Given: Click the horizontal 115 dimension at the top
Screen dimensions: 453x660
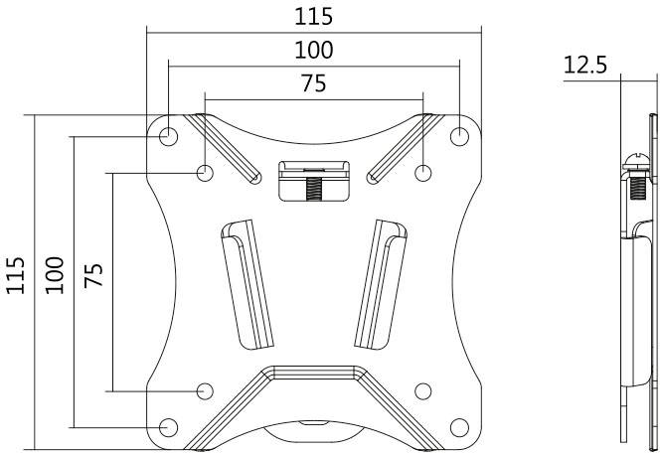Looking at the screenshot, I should (313, 17).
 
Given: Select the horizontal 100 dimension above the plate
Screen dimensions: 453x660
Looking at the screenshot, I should (313, 50).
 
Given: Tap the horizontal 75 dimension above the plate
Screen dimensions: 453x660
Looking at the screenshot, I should (313, 84).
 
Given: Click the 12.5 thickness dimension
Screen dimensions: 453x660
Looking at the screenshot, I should (586, 66).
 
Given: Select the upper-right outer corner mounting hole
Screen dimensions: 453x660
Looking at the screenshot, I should (459, 134).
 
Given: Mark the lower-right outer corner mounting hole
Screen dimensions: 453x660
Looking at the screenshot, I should (459, 427).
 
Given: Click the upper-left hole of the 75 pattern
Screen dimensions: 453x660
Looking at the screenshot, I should (205, 172).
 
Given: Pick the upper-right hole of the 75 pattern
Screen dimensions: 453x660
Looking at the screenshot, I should (422, 172).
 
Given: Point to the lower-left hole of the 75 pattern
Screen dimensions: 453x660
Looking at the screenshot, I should (205, 390).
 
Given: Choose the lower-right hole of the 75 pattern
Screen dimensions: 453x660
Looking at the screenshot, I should (422, 390).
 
